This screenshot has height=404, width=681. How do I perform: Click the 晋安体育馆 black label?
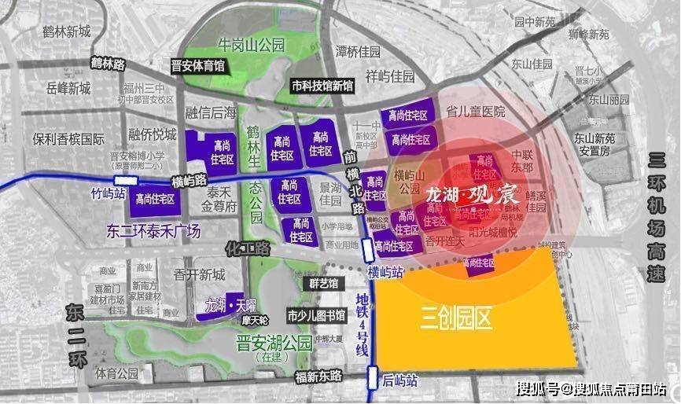point(198,66)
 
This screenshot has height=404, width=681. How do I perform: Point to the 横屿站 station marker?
point(367,251)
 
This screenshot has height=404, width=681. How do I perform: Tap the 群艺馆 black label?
point(319,283)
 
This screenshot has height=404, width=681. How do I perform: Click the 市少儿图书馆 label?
point(316,316)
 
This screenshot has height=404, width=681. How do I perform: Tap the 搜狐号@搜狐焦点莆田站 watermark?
point(591,388)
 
